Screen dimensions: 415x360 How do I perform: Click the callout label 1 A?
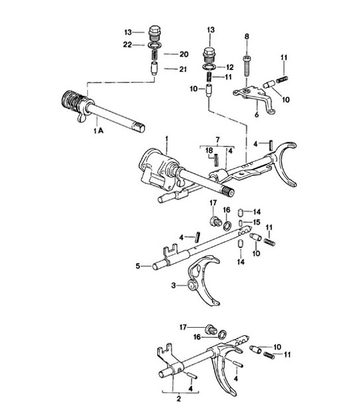click(x=99, y=133)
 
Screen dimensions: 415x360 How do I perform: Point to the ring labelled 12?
click(x=209, y=67)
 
